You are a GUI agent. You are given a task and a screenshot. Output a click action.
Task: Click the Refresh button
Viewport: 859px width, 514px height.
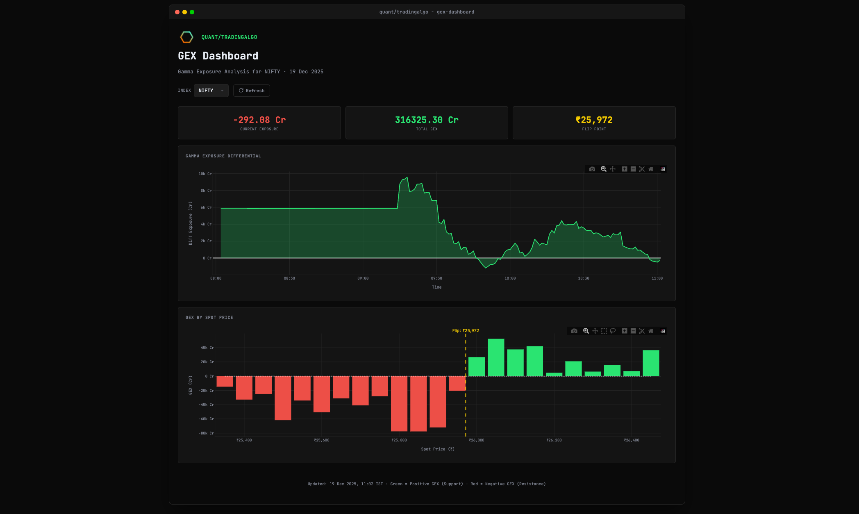click(x=252, y=91)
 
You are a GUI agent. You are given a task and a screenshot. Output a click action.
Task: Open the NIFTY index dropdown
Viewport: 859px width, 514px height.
click(x=211, y=91)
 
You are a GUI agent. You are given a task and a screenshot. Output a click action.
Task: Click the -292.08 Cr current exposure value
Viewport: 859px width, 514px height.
click(x=259, y=120)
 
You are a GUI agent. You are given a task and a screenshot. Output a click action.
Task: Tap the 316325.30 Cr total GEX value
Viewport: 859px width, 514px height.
click(x=427, y=120)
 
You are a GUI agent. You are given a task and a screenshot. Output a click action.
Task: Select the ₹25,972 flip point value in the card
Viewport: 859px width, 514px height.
click(x=594, y=120)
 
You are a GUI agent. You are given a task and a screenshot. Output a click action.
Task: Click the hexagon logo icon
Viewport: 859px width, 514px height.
click(x=186, y=37)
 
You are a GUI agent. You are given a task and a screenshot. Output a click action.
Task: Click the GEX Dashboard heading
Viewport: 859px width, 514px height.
click(x=218, y=56)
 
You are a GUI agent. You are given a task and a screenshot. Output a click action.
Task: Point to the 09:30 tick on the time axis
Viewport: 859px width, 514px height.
click(x=436, y=278)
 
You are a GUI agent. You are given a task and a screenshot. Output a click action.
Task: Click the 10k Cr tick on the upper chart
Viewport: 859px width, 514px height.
click(x=205, y=174)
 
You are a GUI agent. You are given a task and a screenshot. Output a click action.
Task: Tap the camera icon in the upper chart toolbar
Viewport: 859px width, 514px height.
click(x=592, y=169)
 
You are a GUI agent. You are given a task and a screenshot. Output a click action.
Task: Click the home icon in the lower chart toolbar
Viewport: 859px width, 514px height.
click(x=651, y=331)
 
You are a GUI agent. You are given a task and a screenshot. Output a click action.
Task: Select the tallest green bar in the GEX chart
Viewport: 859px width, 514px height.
click(x=496, y=357)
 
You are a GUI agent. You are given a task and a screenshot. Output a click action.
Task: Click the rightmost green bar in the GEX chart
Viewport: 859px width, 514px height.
click(x=651, y=363)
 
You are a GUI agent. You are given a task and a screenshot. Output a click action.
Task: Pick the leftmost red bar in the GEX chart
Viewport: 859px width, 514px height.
click(x=225, y=381)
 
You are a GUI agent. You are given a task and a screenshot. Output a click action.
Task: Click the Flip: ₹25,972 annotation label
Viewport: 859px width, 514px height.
click(x=466, y=330)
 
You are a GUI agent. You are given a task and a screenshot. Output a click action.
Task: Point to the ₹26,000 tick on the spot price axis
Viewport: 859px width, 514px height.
click(x=476, y=440)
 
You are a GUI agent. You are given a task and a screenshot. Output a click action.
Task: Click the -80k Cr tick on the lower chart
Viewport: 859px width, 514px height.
click(x=206, y=433)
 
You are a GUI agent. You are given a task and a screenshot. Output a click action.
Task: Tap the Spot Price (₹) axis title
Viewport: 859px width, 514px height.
click(x=437, y=449)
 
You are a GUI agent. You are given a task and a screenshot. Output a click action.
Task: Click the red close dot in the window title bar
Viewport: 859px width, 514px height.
click(x=177, y=12)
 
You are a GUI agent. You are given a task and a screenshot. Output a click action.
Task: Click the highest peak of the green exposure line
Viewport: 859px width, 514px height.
click(x=407, y=177)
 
